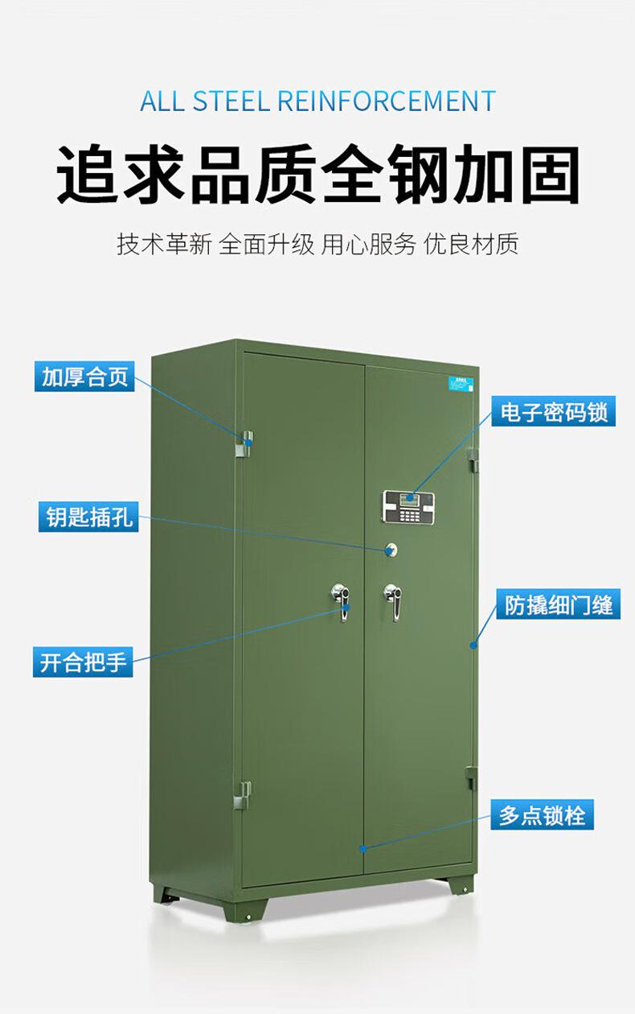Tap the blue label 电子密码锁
tap(554, 412)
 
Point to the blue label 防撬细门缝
tap(559, 604)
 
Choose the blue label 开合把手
tap(84, 662)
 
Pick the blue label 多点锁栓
tap(543, 816)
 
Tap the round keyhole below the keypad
tap(391, 549)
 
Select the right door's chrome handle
tap(392, 601)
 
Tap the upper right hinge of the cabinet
tap(472, 461)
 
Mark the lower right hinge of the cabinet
tap(471, 778)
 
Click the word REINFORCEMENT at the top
tap(387, 102)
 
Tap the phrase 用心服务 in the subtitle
tap(369, 244)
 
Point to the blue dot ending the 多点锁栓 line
tap(363, 848)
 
